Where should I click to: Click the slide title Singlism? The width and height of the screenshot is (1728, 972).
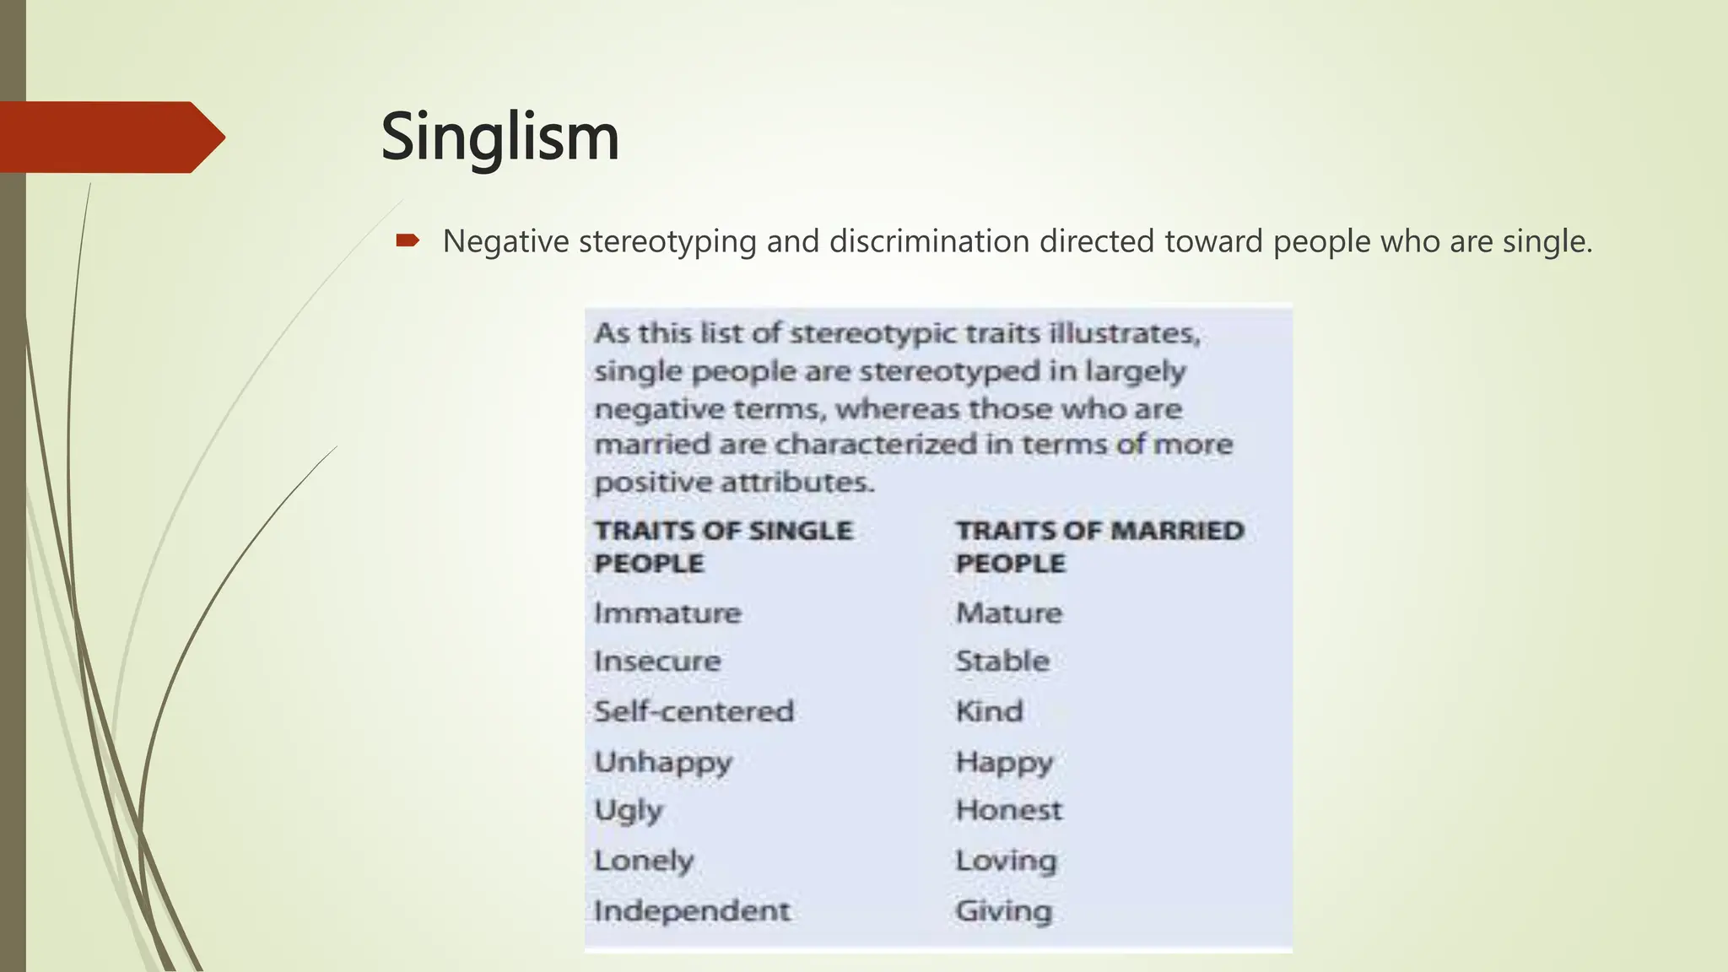click(499, 137)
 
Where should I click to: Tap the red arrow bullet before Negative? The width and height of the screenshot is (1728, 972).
click(408, 242)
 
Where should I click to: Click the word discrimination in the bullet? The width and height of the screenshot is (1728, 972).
click(929, 242)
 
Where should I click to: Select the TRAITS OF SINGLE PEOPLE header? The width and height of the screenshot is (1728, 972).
click(723, 547)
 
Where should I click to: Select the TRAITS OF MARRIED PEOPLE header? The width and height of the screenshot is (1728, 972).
click(1099, 547)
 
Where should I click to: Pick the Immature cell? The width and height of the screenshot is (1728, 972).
click(667, 613)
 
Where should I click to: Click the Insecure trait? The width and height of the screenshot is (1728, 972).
click(657, 661)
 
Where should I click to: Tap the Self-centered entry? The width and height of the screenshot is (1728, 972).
click(694, 711)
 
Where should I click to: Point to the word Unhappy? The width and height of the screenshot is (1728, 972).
click(663, 762)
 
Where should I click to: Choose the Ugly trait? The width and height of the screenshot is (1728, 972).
click(629, 811)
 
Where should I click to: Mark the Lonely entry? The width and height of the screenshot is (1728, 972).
click(644, 861)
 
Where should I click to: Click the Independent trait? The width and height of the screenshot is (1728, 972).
click(692, 911)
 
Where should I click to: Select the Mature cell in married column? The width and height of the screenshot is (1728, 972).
click(1009, 613)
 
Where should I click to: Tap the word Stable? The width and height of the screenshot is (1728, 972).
click(1002, 661)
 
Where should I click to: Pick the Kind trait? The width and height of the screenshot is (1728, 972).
click(989, 711)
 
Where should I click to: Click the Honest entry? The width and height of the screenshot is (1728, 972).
click(1009, 811)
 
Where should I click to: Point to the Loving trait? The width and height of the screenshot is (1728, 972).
click(1006, 861)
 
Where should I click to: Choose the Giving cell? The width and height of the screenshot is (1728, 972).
click(1004, 911)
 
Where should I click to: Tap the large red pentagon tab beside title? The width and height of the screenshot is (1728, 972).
click(110, 137)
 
